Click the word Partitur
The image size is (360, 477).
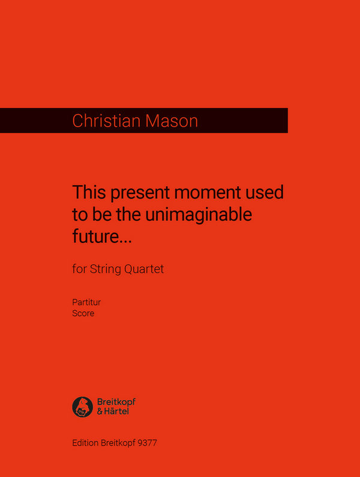pos(86,304)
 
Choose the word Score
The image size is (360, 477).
pos(83,313)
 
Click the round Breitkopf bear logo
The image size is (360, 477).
pos(82,407)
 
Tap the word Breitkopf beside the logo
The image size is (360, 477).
pos(115,401)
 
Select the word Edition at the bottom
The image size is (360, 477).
pos(86,443)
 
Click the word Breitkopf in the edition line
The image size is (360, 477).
pos(118,443)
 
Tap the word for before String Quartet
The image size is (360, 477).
pos(79,269)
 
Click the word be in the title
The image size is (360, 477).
pos(98,214)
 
